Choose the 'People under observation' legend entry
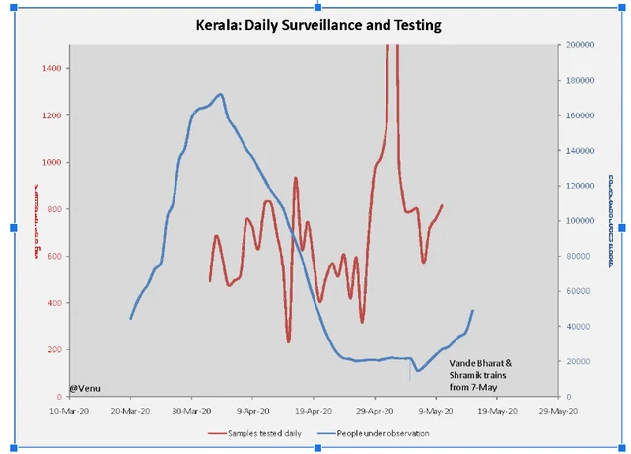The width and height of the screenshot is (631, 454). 374,433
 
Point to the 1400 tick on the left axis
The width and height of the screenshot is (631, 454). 51,68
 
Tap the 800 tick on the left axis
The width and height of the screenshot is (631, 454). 53,209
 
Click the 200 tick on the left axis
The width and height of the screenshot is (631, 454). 53,350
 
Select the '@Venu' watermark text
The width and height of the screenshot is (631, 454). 85,388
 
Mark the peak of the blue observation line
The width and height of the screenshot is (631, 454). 220,95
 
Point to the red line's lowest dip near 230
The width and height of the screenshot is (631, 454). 289,341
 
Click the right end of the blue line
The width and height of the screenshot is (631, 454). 473,311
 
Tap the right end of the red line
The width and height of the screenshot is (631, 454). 442,205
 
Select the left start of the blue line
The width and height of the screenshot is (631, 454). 131,318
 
